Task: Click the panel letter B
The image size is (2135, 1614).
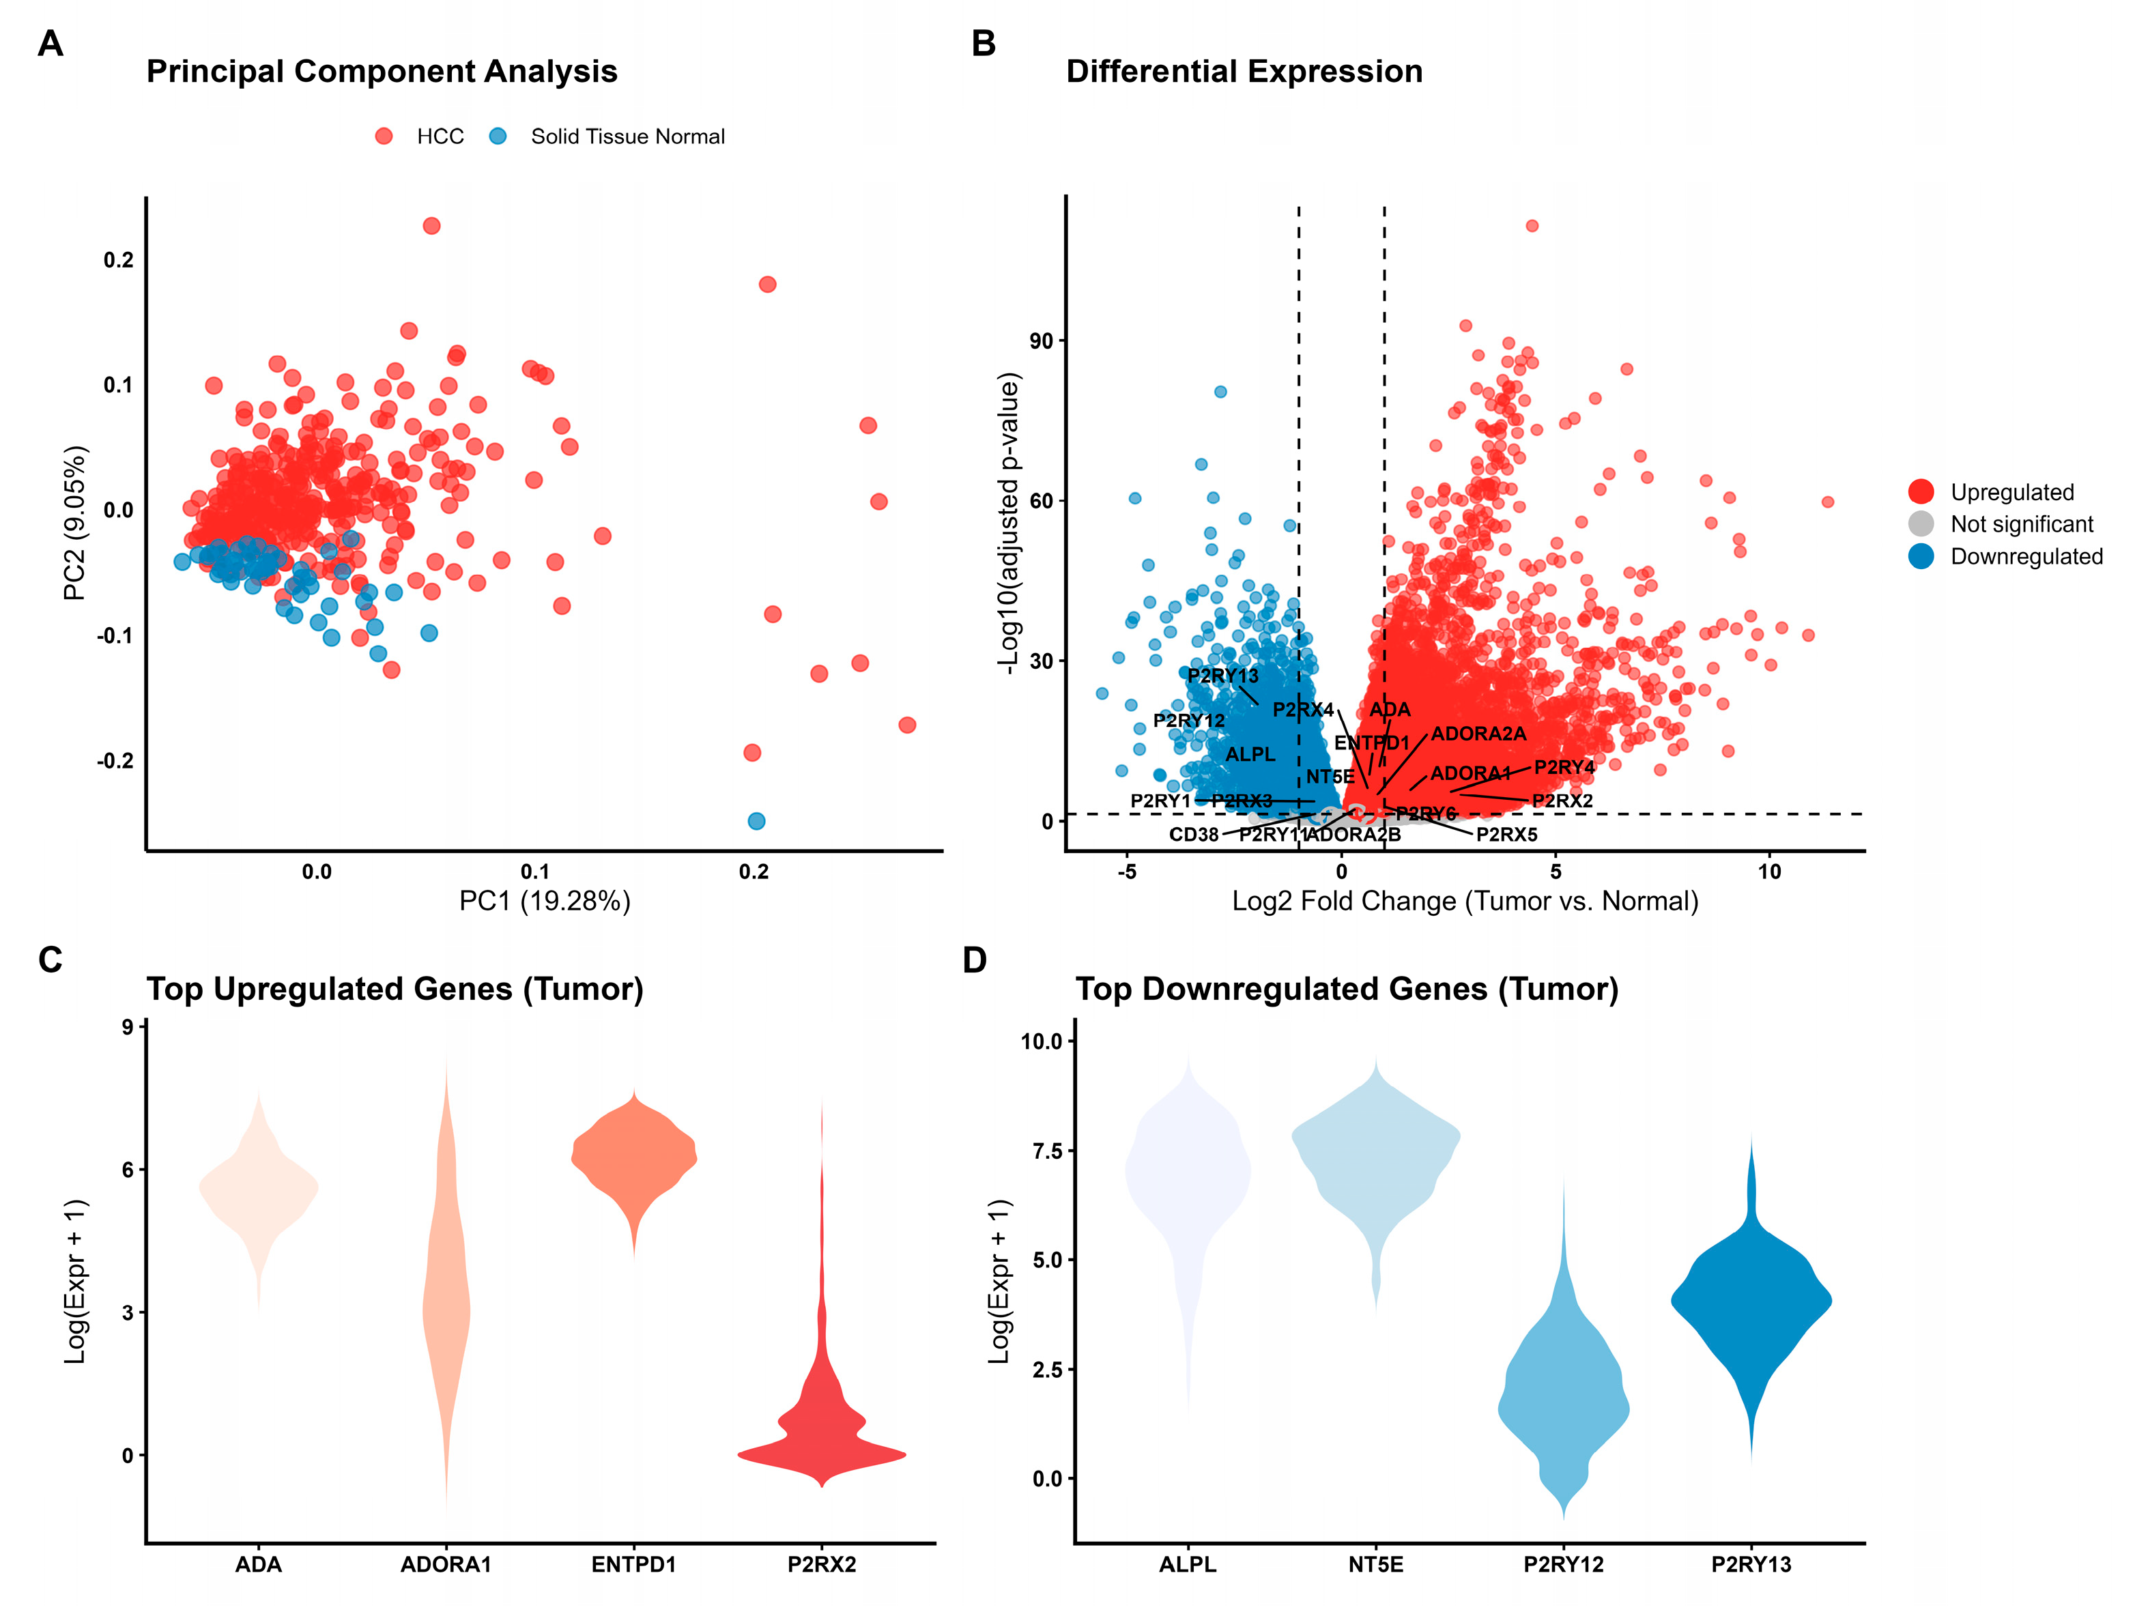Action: (x=983, y=44)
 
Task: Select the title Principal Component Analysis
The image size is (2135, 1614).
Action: (x=382, y=72)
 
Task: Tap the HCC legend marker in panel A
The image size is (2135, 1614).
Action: (x=384, y=136)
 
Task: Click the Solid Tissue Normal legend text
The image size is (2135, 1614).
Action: (x=627, y=136)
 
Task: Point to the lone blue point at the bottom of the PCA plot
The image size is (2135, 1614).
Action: (x=757, y=820)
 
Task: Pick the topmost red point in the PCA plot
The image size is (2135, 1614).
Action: (x=431, y=226)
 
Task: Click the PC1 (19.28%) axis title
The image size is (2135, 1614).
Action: (x=545, y=901)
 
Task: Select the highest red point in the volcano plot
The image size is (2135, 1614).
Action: (x=1532, y=226)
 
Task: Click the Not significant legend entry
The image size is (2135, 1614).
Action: (x=2021, y=524)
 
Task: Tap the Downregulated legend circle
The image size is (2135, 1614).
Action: (x=1921, y=556)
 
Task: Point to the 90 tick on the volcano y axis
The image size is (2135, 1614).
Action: (x=1042, y=341)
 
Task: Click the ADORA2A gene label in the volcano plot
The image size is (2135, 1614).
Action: (x=1478, y=734)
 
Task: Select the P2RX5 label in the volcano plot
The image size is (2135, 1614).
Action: (x=1506, y=834)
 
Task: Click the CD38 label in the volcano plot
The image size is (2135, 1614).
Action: (x=1193, y=834)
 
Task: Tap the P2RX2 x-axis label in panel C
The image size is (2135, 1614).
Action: (x=821, y=1563)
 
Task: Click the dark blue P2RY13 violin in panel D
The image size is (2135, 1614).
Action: (x=1751, y=1303)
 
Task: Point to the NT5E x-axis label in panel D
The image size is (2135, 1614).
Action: (x=1375, y=1563)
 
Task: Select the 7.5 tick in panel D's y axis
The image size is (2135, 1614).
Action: (x=1046, y=1151)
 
